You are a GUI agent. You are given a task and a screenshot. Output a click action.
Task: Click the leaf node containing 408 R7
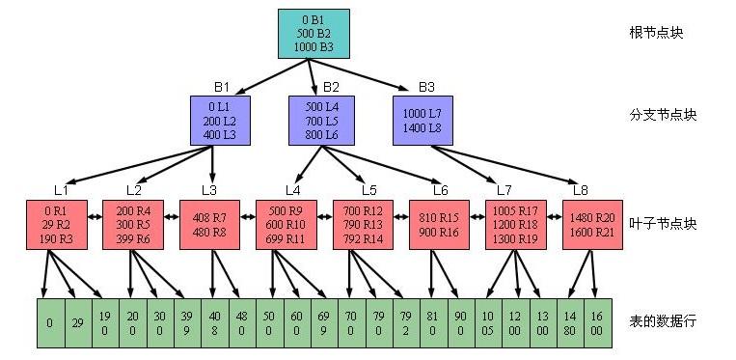(x=209, y=225)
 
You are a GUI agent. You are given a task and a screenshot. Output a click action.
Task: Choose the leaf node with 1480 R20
(x=590, y=225)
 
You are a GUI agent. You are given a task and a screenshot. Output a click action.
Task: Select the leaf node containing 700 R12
(x=363, y=225)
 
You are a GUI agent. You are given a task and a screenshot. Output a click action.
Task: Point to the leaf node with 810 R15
(x=439, y=225)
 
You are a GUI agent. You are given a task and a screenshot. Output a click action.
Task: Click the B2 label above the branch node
(x=331, y=87)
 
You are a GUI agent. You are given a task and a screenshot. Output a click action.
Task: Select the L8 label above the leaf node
(x=580, y=188)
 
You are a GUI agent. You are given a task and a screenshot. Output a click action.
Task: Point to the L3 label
(x=209, y=188)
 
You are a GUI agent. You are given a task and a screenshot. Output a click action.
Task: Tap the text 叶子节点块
(x=662, y=224)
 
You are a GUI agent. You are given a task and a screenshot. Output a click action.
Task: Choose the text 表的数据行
(x=662, y=319)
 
